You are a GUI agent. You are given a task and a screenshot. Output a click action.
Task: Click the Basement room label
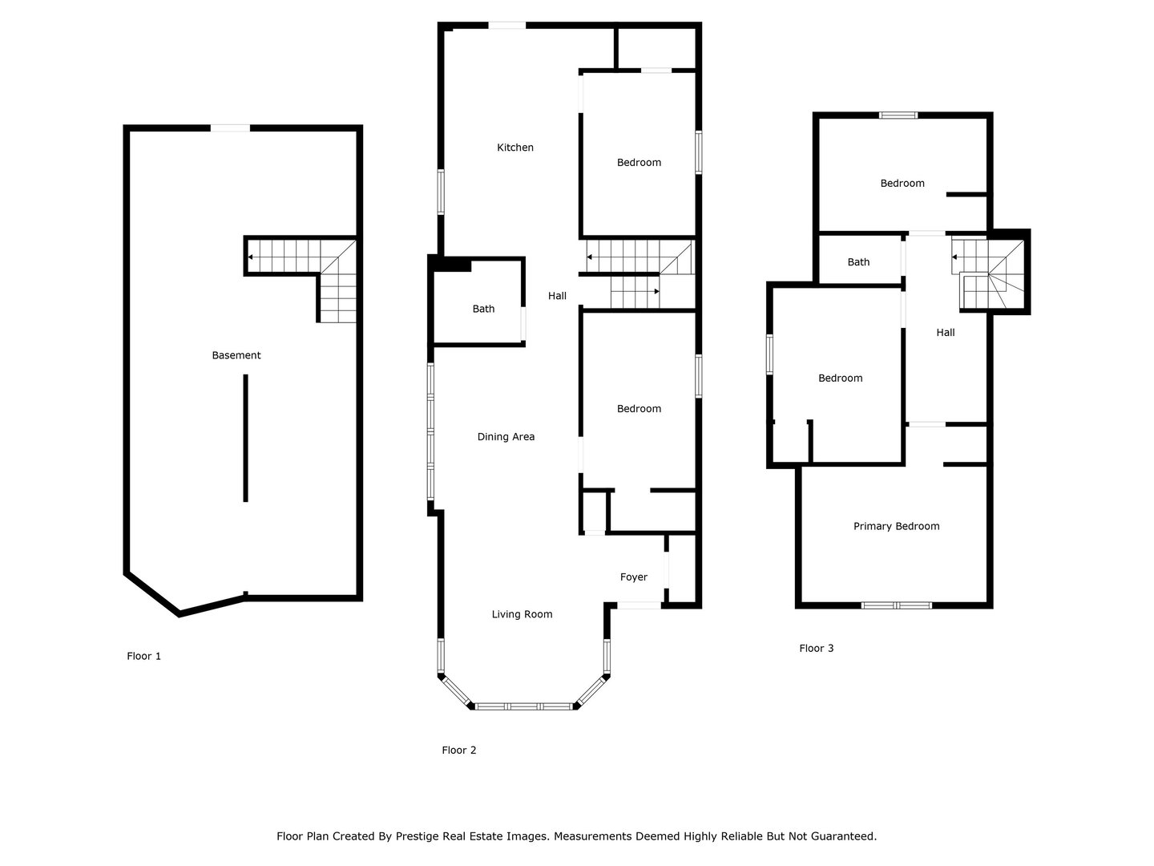point(236,355)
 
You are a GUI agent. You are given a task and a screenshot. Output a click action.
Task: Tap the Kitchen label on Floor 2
point(515,148)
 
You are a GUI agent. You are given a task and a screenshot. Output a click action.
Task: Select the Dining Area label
point(506,437)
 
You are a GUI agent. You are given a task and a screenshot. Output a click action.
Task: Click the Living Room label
point(522,614)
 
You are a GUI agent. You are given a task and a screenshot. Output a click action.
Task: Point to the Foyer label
point(634,577)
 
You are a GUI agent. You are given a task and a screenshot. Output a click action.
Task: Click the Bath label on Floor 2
point(483,309)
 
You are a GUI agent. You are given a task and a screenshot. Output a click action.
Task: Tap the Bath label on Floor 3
point(858,262)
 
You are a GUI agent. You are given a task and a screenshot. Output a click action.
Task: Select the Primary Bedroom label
point(896,527)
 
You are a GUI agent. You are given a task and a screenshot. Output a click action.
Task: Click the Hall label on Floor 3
point(946,333)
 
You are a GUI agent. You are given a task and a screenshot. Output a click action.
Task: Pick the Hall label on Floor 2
point(557,296)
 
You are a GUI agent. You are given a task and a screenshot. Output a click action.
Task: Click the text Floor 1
point(144,656)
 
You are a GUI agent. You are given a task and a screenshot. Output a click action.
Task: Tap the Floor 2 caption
point(459,751)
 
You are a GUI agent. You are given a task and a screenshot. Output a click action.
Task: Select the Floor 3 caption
point(817,648)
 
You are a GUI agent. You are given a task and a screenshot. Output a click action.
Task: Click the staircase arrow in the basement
point(252,257)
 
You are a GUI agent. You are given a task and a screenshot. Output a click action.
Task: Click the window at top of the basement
point(230,127)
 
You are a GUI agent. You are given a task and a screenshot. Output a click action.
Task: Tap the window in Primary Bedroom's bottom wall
point(896,605)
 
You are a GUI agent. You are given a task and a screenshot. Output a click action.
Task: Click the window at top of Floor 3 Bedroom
point(898,115)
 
